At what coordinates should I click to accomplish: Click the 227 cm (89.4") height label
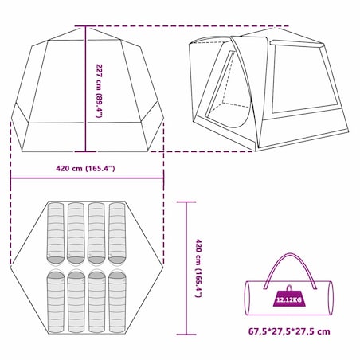(x=99, y=91)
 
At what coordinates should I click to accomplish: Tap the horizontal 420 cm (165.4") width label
(x=85, y=168)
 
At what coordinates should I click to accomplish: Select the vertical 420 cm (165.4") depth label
(x=199, y=268)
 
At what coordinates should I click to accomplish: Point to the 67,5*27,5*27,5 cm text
(x=289, y=331)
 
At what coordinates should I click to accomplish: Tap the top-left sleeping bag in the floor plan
(x=56, y=233)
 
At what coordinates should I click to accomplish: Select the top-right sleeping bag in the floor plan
(x=117, y=233)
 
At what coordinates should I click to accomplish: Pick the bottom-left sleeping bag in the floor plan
(x=56, y=302)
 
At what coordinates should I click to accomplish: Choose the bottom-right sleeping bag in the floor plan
(x=117, y=302)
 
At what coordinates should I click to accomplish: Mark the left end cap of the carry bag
(x=247, y=298)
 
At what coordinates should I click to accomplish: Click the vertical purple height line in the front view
(x=85, y=89)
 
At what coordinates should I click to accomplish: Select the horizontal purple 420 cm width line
(x=87, y=178)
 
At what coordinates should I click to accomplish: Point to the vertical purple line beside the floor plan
(x=186, y=268)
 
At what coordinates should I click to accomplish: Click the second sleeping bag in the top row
(x=76, y=233)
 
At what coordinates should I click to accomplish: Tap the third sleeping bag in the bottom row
(x=96, y=302)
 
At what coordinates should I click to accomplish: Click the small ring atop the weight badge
(x=289, y=288)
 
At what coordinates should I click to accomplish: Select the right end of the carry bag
(x=331, y=298)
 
